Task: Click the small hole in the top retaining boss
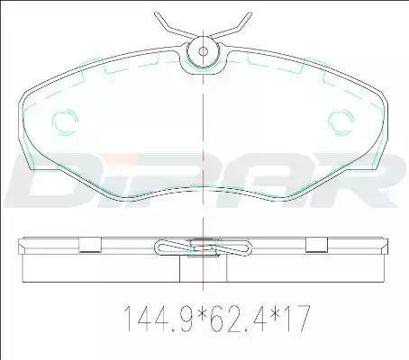pos(204,51)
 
